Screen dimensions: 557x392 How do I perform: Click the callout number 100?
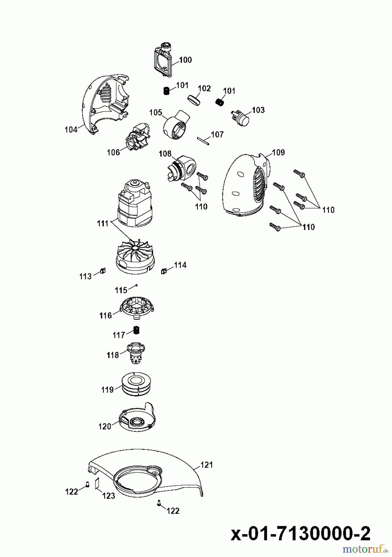point(185,60)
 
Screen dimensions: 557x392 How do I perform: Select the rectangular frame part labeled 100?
point(163,60)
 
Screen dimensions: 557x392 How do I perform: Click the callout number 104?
point(71,130)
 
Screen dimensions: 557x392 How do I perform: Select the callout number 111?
point(103,223)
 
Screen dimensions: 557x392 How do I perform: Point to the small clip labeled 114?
point(164,271)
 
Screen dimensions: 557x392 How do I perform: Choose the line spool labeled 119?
point(136,384)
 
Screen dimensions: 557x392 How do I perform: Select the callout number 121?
point(207,464)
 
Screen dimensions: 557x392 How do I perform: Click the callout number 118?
point(113,355)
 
